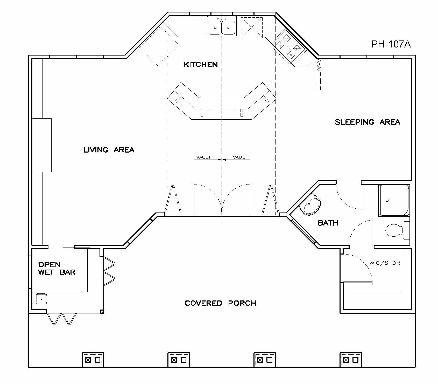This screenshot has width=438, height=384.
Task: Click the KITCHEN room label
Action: [201, 64]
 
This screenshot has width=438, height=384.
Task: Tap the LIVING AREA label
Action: [109, 150]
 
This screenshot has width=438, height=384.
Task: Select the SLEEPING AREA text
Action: [368, 122]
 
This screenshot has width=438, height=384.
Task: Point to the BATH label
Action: [328, 223]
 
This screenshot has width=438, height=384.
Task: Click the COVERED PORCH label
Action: [220, 303]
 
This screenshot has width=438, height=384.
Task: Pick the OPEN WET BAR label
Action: [57, 268]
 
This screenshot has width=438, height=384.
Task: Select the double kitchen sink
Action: [222, 26]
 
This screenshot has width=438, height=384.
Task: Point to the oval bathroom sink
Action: [310, 204]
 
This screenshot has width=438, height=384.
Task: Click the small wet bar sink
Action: [41, 299]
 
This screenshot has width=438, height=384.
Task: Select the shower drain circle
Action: [387, 200]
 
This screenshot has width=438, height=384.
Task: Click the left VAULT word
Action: [203, 157]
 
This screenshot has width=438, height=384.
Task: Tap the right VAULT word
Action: [240, 157]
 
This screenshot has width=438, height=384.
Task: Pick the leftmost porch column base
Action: [93, 360]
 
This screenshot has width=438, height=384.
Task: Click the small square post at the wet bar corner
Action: [102, 312]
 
